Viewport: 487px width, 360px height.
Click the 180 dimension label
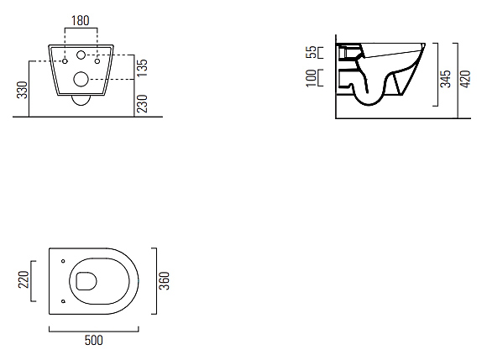pyautogui.click(x=81, y=20)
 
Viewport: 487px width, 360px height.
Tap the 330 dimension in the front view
pyautogui.click(x=23, y=90)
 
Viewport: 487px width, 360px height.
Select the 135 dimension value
pyautogui.click(x=142, y=68)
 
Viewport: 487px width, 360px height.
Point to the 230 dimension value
pyautogui.click(x=142, y=104)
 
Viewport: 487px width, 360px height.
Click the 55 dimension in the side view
pyautogui.click(x=312, y=52)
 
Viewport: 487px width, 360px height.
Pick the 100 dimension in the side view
pyautogui.click(x=312, y=78)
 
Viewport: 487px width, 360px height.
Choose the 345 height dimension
pyautogui.click(x=446, y=79)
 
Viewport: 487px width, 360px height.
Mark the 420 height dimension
pyautogui.click(x=465, y=79)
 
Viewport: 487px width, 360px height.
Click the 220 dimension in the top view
pyautogui.click(x=24, y=279)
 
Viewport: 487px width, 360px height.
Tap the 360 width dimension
pyautogui.click(x=165, y=280)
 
